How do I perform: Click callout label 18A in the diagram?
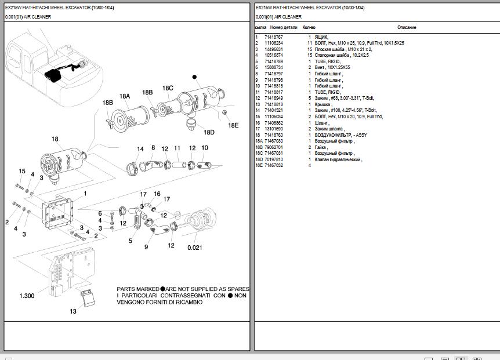(x=125, y=96)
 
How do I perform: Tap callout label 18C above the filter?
(x=168, y=88)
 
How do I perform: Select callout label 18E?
(x=233, y=125)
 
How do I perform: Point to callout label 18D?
(x=209, y=132)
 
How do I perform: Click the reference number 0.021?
(x=195, y=248)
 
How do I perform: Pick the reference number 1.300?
(x=27, y=296)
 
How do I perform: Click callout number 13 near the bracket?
(x=73, y=311)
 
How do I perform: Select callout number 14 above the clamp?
(x=140, y=150)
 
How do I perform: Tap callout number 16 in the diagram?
(x=157, y=194)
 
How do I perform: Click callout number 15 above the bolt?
(x=22, y=171)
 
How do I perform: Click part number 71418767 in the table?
(x=274, y=37)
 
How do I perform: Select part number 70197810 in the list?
(x=274, y=159)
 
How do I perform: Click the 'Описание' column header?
(x=407, y=27)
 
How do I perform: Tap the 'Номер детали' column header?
(x=284, y=27)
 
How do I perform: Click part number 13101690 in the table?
(x=274, y=129)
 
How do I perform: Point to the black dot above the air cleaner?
(x=195, y=77)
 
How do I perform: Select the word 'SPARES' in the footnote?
(x=238, y=289)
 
